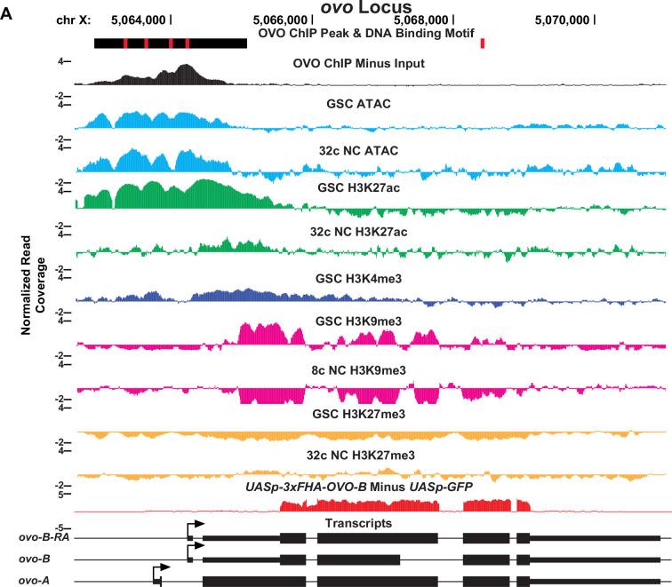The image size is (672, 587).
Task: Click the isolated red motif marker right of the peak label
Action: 482,43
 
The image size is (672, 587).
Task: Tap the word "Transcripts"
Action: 358,524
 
